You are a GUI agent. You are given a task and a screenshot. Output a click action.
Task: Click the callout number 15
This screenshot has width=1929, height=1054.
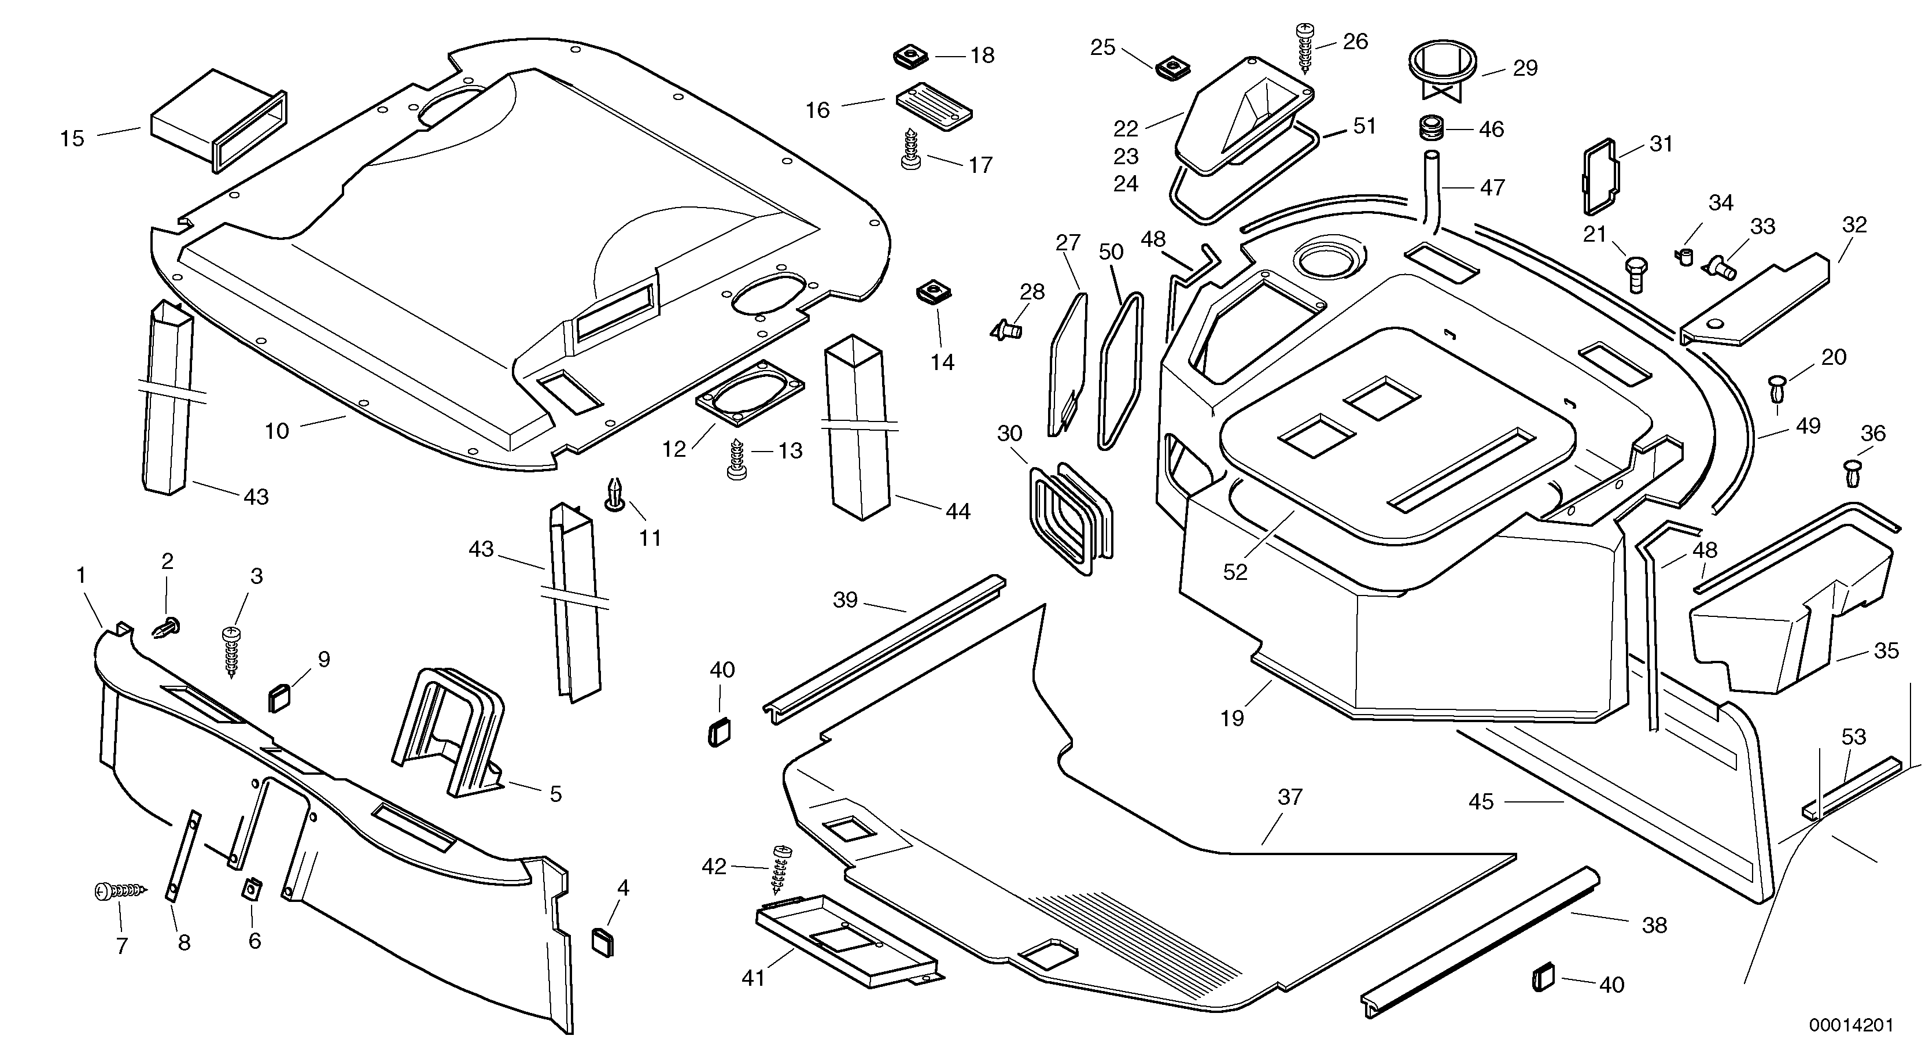point(73,139)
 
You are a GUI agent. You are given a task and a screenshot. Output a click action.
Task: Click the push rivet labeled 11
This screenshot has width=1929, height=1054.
point(615,494)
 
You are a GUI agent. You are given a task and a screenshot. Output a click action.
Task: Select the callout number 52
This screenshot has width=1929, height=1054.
point(1235,572)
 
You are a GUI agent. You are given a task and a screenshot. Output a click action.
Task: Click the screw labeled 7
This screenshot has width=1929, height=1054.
point(120,891)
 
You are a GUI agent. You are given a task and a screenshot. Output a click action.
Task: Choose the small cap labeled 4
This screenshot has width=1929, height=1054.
point(603,942)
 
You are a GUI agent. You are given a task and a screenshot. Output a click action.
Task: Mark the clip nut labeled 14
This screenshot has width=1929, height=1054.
point(930,292)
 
